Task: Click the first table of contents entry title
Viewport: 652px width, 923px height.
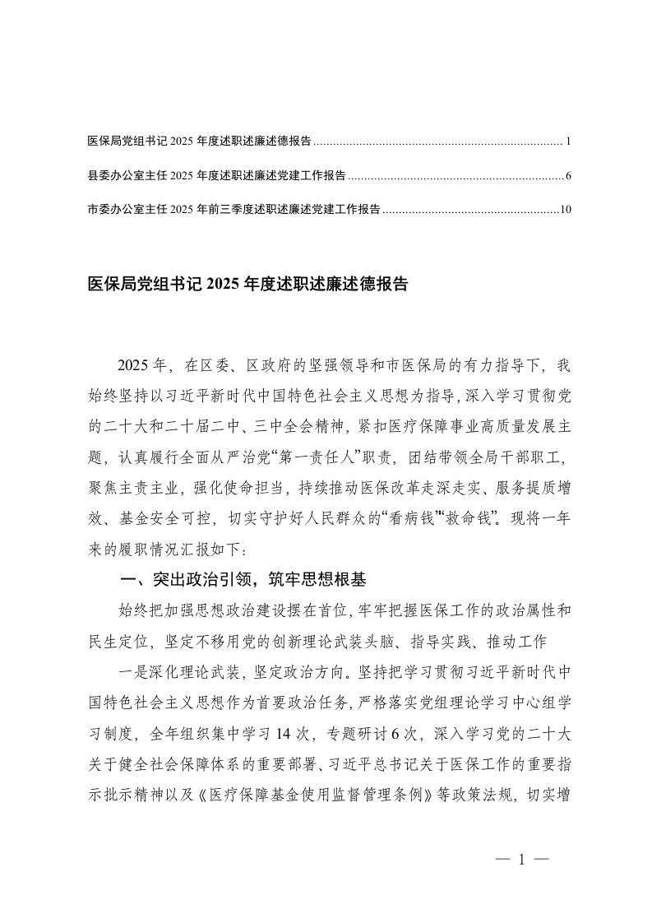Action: pyautogui.click(x=199, y=142)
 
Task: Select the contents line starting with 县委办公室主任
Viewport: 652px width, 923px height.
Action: pyautogui.click(x=216, y=176)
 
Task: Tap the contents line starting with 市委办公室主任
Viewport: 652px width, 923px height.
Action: pyautogui.click(x=234, y=210)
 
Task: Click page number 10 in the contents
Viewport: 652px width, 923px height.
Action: pyautogui.click(x=565, y=210)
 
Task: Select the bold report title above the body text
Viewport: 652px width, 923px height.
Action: pyautogui.click(x=247, y=285)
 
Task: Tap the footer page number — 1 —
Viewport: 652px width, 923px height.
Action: pyautogui.click(x=522, y=860)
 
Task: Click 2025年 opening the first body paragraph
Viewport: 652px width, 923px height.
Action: pyautogui.click(x=143, y=364)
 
